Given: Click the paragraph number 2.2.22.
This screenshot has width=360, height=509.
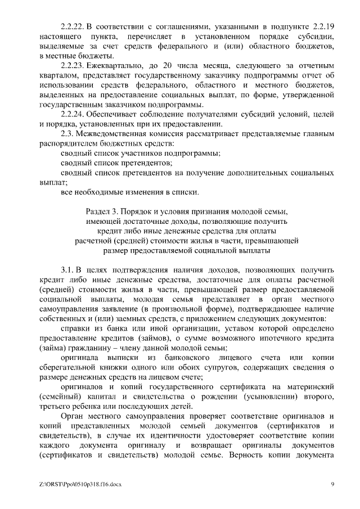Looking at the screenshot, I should click(x=72, y=27).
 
